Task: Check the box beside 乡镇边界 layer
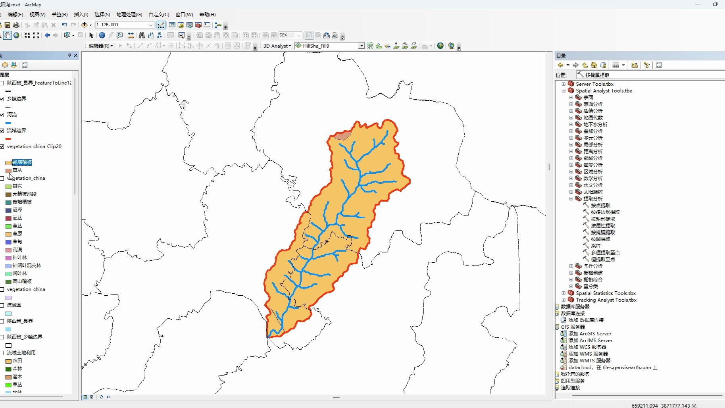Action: coord(2,99)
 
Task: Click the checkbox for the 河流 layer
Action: coord(2,115)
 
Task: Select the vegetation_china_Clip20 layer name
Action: coord(34,146)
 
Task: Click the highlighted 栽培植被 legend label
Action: coord(22,162)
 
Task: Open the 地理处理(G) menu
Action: coord(129,15)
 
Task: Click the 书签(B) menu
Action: coord(60,15)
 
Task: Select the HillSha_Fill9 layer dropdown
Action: coord(330,46)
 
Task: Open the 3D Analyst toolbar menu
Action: coord(277,46)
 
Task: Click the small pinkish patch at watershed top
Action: coord(342,136)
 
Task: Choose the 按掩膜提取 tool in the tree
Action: coord(603,233)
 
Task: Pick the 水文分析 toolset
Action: coord(593,185)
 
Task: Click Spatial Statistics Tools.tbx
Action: coord(606,293)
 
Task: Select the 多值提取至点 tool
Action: coord(605,253)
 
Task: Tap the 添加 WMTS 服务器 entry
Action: coord(589,361)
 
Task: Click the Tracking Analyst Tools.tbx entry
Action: coord(606,300)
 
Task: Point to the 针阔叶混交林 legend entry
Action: coord(27,266)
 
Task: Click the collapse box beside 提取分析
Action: coord(571,199)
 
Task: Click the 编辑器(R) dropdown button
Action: coord(100,46)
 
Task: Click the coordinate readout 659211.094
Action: coord(644,406)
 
